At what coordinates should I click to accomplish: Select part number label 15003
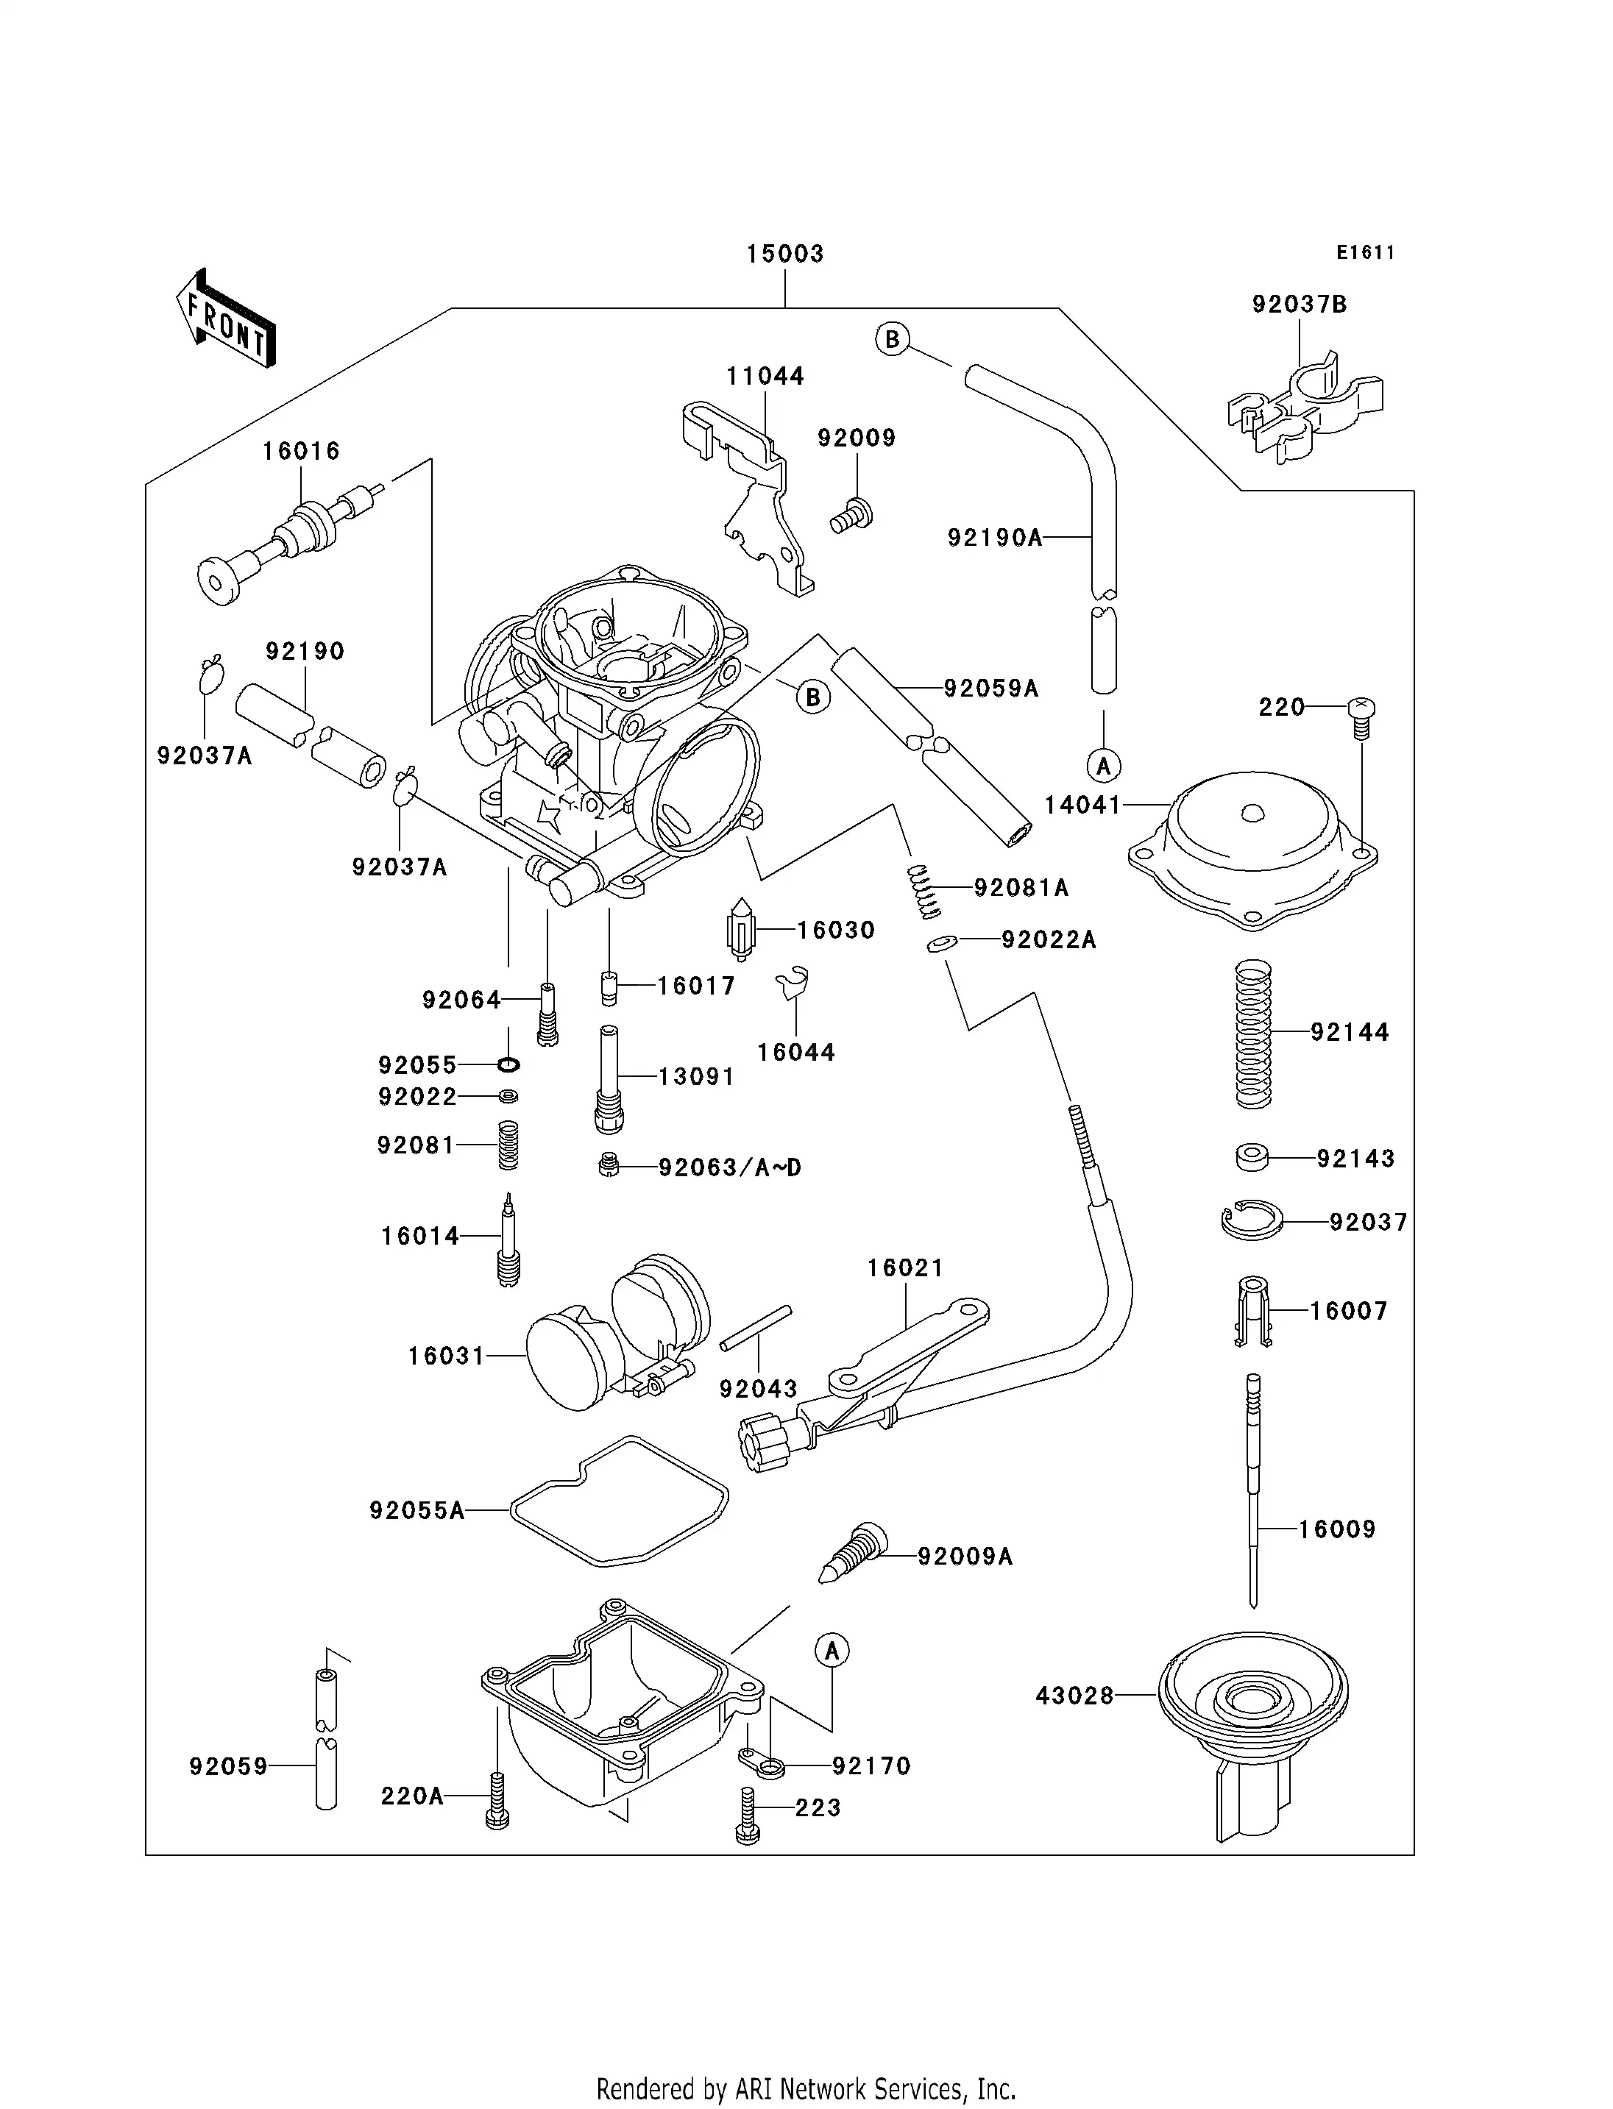785,255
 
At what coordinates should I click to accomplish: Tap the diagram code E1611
1365,252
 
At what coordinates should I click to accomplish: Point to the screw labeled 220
1361,715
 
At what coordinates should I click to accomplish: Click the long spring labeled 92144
1253,1034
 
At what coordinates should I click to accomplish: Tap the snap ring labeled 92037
1252,1221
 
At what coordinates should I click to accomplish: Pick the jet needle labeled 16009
1253,1498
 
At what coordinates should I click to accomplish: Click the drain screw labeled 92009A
854,1553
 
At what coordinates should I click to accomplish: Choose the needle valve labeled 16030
740,928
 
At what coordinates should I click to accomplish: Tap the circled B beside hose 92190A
892,339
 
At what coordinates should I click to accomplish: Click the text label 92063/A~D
730,1167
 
